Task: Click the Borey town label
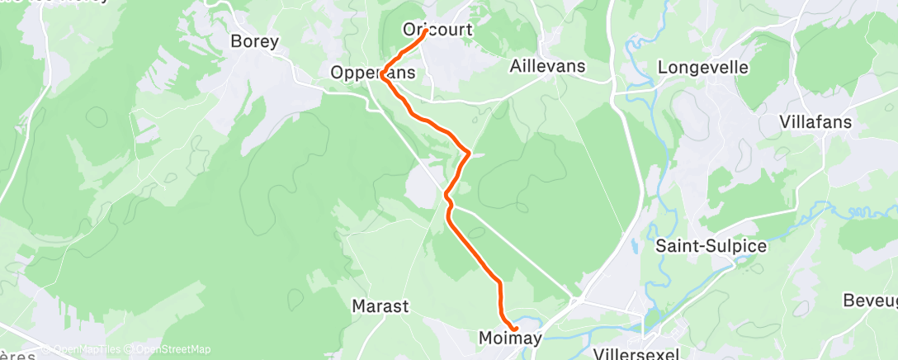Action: [255, 41]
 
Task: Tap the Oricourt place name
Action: [437, 30]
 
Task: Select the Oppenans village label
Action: [372, 73]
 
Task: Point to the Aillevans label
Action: [548, 66]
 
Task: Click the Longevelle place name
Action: [703, 67]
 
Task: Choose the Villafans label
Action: [815, 122]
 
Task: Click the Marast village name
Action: [380, 306]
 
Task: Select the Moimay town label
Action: [510, 339]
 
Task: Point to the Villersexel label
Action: [636, 354]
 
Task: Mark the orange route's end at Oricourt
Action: [425, 33]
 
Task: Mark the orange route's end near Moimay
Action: [516, 330]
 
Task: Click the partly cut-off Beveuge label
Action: [870, 300]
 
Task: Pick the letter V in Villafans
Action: [785, 122]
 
